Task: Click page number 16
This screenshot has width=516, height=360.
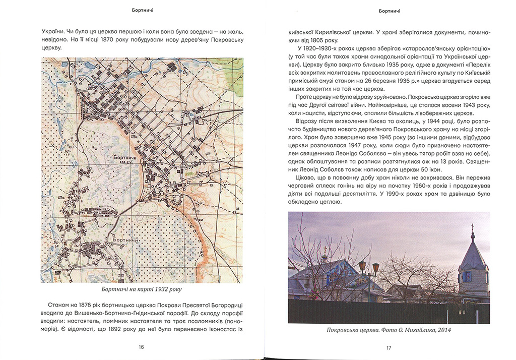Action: [141, 347]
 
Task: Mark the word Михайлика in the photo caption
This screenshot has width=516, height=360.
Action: [415, 330]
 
